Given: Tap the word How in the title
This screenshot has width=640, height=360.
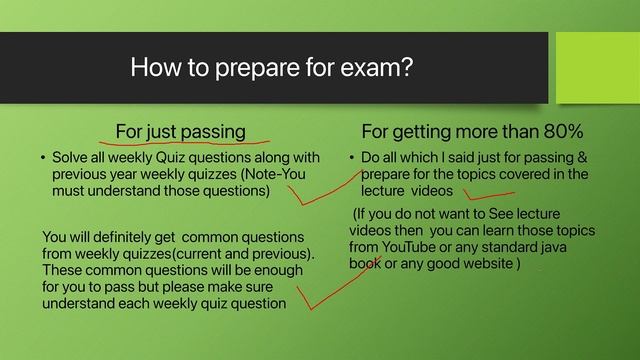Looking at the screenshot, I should point(154,69).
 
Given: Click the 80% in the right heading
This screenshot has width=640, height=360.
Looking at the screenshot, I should point(561,132).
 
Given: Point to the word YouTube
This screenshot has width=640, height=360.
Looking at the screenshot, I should point(426,247).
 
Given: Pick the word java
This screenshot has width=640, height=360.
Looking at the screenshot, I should point(574,247).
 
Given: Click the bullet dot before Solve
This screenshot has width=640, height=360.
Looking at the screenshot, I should point(43,159).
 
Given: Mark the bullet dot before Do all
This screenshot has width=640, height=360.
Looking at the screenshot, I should point(353,159).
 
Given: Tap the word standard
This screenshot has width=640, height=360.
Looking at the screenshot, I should point(528,247).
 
